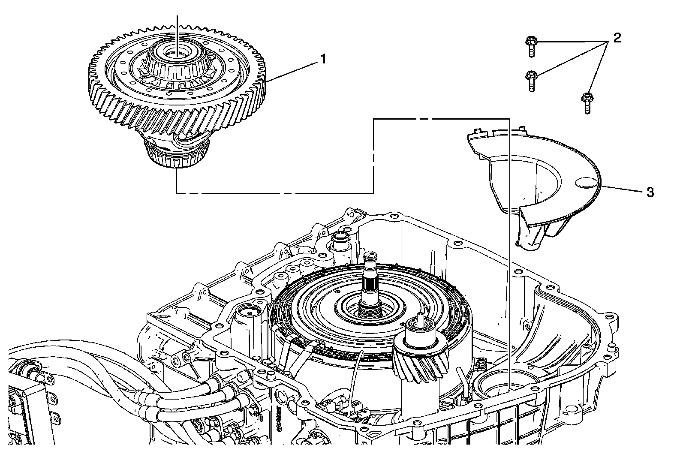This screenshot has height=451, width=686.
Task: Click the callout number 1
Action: click(324, 59)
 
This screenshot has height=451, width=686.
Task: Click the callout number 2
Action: click(617, 38)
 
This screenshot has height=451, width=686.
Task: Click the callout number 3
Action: click(650, 192)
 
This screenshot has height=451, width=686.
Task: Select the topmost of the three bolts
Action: click(531, 47)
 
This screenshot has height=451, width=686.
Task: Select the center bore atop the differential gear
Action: click(177, 54)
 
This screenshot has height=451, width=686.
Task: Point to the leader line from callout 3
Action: click(624, 189)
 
